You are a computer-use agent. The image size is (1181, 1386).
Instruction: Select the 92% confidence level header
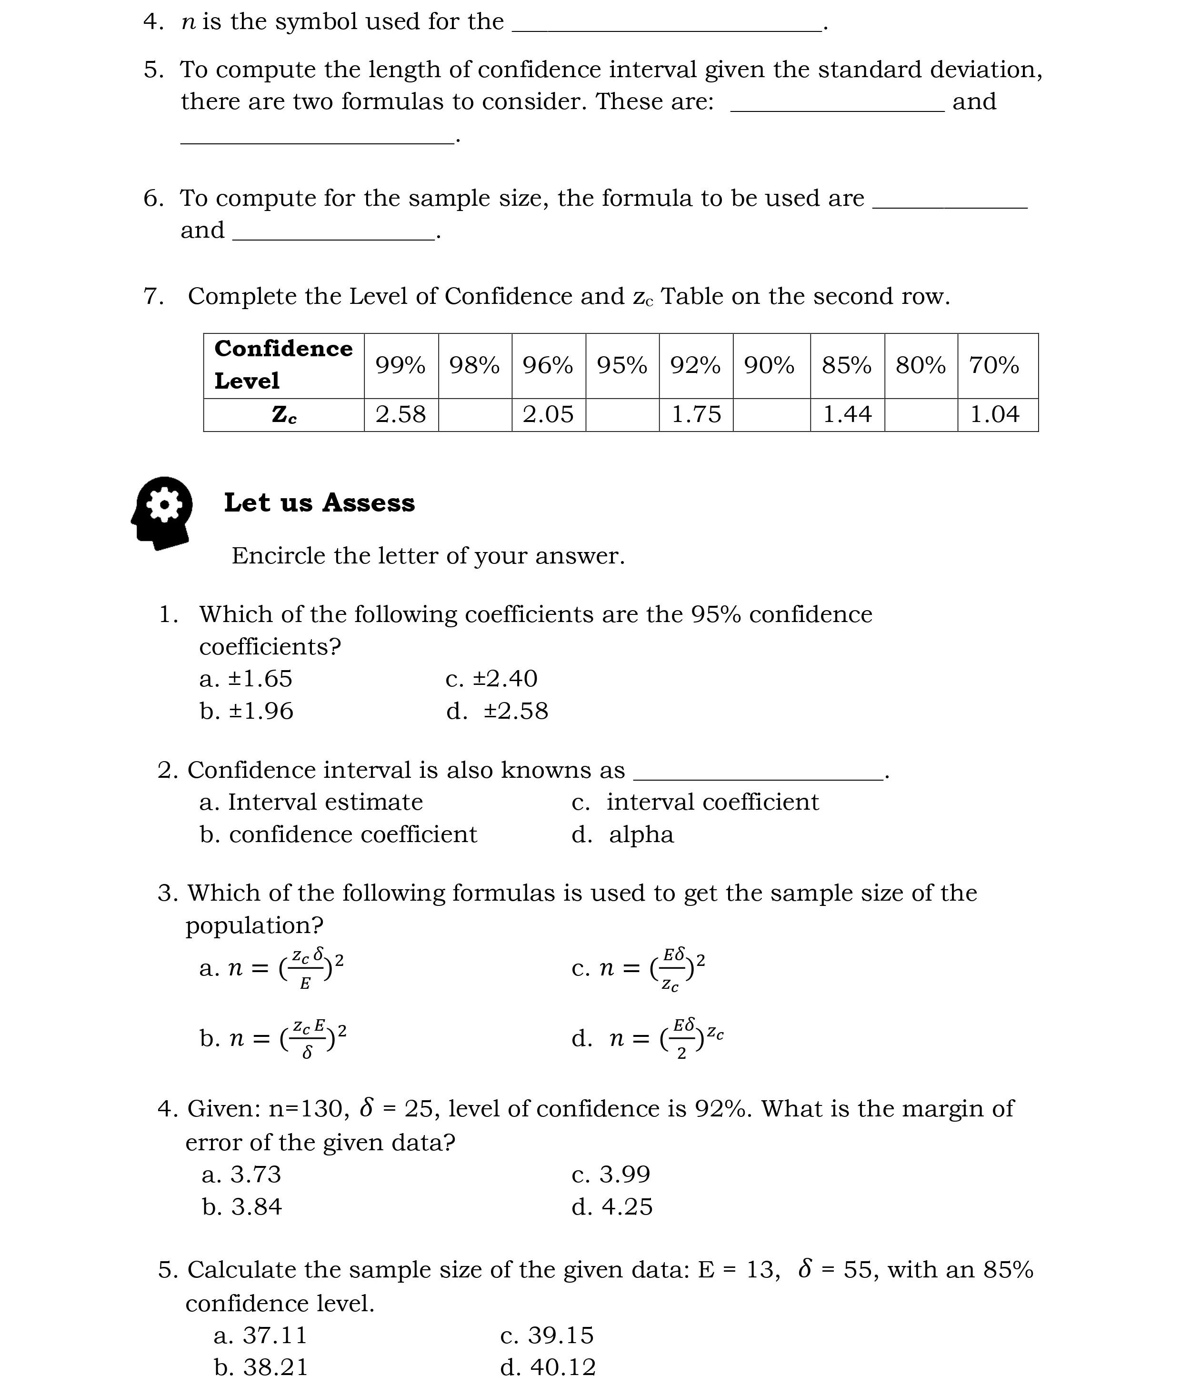coord(695,365)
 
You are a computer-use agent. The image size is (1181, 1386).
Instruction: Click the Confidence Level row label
coord(283,365)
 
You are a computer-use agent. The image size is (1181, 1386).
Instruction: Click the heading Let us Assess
coord(319,503)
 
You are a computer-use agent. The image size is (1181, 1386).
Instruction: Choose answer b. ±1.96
coord(247,711)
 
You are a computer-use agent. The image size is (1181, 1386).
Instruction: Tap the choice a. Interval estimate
coord(311,802)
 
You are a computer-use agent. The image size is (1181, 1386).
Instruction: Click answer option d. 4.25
coord(612,1207)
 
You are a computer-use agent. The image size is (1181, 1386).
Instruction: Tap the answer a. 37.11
coord(260,1335)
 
